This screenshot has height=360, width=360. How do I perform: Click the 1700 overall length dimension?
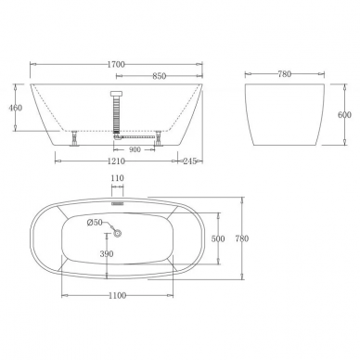coord(116,64)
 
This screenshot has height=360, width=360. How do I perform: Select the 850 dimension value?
coord(160,76)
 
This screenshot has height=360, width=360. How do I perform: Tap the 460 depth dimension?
coord(16,108)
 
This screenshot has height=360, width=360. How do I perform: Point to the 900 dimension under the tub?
coord(135,150)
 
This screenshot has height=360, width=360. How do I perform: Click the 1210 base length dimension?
coord(116,161)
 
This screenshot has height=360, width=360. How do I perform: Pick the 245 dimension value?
coord(190,161)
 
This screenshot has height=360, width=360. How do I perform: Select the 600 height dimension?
coord(344,115)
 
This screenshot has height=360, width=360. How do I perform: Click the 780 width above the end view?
coord(285,74)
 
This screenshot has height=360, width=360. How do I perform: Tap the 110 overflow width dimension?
coord(117,178)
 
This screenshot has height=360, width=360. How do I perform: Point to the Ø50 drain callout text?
coord(95,223)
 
